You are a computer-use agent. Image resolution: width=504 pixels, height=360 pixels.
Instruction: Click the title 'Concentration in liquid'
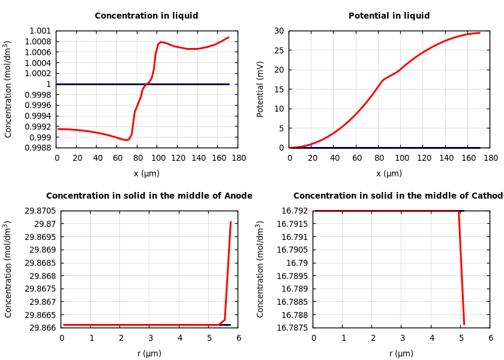pos(146,16)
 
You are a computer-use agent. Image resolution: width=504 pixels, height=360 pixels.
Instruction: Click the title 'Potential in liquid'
pos(389,16)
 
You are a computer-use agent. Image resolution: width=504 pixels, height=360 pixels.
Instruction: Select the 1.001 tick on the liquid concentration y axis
pos(41,31)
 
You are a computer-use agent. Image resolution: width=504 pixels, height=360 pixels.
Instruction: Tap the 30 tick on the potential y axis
pos(278,31)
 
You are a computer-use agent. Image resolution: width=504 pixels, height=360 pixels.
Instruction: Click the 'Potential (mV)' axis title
pos(260,89)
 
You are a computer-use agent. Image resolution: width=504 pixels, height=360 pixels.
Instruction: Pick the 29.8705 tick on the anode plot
pos(41,211)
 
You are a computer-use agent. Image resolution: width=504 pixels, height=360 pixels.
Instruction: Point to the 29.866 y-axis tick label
pos(43,328)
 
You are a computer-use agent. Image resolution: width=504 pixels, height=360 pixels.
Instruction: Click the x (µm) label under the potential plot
pos(389,174)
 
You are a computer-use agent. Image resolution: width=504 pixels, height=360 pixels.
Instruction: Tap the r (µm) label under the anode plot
pos(149,354)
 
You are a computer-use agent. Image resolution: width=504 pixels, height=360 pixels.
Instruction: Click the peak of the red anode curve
pos(230,222)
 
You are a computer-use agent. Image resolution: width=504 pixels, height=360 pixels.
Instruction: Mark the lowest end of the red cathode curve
pos(464,325)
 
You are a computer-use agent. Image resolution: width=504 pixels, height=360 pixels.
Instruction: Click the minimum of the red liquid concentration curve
pos(126,140)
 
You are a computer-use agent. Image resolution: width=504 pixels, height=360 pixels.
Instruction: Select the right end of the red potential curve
pos(479,33)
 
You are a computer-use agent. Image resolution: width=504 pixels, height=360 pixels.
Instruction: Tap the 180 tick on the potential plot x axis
pos(490,158)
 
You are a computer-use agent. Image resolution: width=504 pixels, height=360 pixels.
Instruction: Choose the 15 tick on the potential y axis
pos(278,89)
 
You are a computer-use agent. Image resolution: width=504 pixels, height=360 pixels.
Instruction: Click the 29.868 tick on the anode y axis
pos(43,276)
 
